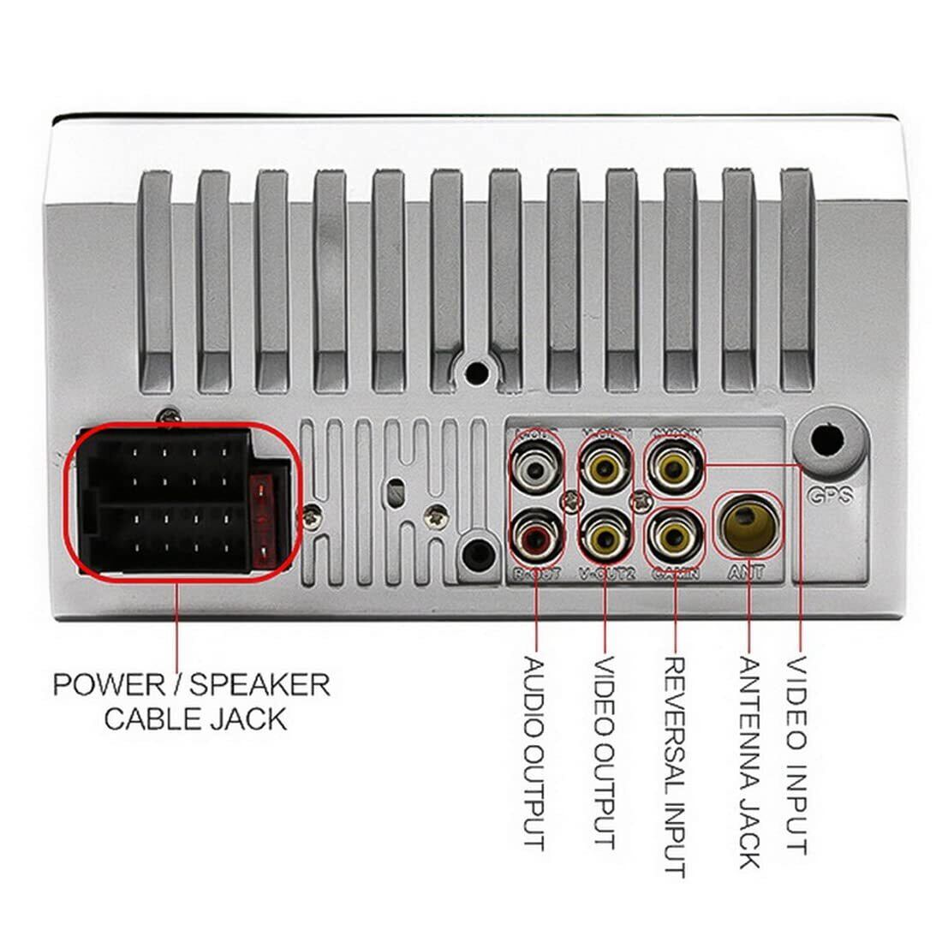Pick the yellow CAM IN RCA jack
click(673, 537)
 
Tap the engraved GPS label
click(826, 495)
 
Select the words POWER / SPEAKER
click(191, 684)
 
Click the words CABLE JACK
click(194, 718)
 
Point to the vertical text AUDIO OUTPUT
click(535, 753)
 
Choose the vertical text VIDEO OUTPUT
click(605, 753)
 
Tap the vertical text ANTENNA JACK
click(749, 762)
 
